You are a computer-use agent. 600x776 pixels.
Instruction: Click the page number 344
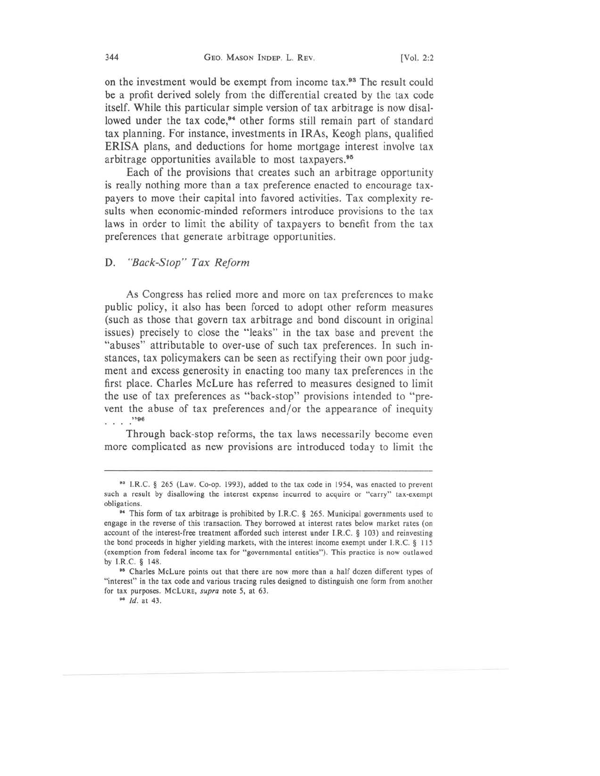112,57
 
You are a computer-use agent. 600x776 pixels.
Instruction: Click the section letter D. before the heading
110,263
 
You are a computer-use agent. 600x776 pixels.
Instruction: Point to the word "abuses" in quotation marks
124,345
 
